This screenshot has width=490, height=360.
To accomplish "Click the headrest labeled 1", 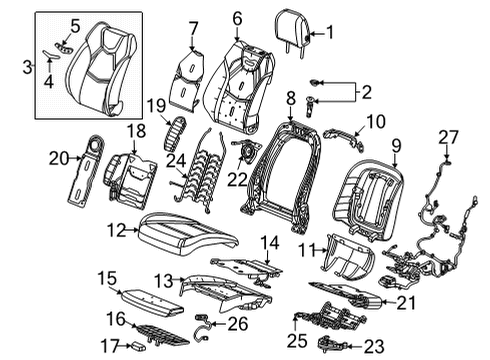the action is click(293, 30).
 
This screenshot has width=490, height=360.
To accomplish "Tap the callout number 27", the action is click(448, 137).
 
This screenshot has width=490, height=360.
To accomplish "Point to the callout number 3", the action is click(28, 67).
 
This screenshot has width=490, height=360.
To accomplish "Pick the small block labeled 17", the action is click(139, 346).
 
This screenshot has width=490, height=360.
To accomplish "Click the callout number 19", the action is click(156, 105).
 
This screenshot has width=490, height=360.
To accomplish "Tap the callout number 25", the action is click(297, 341).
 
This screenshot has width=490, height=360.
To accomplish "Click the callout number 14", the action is click(270, 242).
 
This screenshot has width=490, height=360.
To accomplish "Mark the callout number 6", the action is click(237, 19).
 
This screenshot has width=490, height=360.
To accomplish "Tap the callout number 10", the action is click(376, 122).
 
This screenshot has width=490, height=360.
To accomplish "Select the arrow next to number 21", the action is click(389, 302).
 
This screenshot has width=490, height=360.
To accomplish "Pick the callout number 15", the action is click(107, 278).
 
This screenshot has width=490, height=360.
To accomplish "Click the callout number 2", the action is click(366, 92).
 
